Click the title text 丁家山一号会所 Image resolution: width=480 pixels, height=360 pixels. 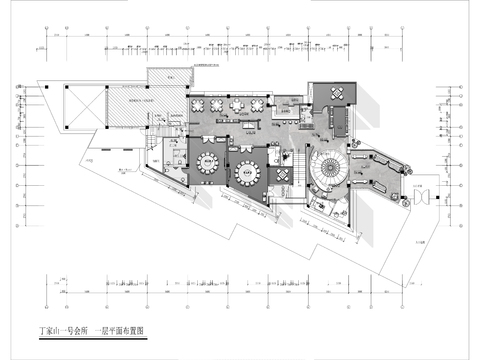59,328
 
